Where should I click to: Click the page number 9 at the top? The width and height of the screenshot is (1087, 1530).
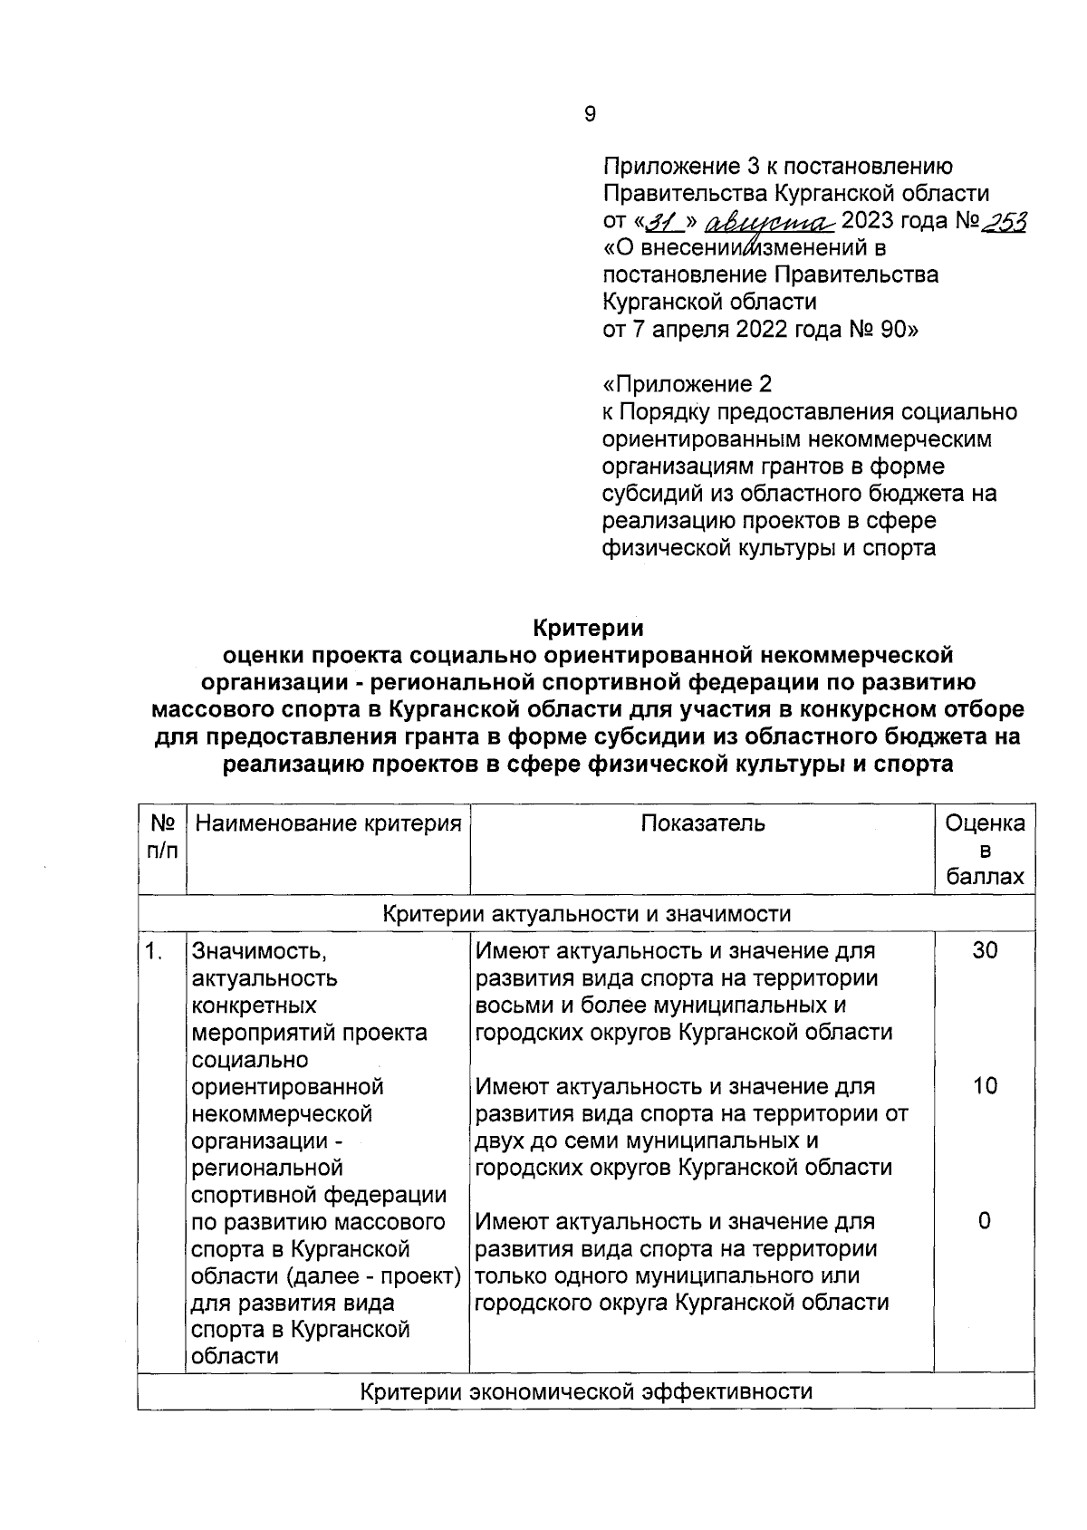pos(590,114)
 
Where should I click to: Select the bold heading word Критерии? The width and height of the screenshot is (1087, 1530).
pos(588,627)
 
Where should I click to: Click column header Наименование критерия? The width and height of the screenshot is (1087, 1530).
pos(328,823)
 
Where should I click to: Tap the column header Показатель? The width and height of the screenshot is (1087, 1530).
pos(703,823)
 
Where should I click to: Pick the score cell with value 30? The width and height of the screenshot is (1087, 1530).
pos(985,951)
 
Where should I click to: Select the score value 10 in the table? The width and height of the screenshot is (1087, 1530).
pos(985,1086)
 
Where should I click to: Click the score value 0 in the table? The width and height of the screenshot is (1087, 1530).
pos(985,1221)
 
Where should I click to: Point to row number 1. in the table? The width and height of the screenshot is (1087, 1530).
pos(155,951)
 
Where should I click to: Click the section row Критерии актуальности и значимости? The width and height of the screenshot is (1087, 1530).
pos(586,914)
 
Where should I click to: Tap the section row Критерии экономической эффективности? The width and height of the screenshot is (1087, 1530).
pos(586,1391)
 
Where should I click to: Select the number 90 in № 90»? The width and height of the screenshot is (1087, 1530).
pos(890,331)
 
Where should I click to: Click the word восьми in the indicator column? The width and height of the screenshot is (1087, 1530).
pos(512,1006)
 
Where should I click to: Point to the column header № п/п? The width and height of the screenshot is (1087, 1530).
pos(162,837)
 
